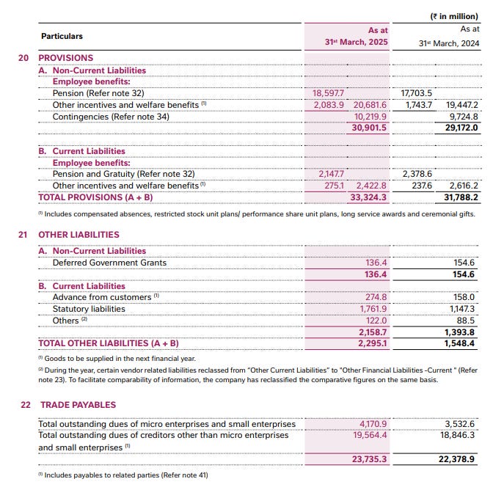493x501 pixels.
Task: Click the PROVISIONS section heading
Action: [65, 58]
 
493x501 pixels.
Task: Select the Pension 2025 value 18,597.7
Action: [329, 94]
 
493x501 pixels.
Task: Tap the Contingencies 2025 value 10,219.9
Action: [370, 117]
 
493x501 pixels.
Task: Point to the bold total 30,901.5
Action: [370, 128]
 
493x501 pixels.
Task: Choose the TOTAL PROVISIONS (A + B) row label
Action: [95, 197]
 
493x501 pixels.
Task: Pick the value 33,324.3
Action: [370, 197]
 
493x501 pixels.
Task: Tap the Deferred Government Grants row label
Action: [109, 263]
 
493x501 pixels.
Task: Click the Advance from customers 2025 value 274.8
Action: [376, 297]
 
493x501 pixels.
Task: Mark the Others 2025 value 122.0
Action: [376, 321]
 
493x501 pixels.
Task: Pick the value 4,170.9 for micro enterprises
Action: [373, 424]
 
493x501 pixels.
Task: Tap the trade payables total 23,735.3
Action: [370, 459]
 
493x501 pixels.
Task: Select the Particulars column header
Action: [62, 36]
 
